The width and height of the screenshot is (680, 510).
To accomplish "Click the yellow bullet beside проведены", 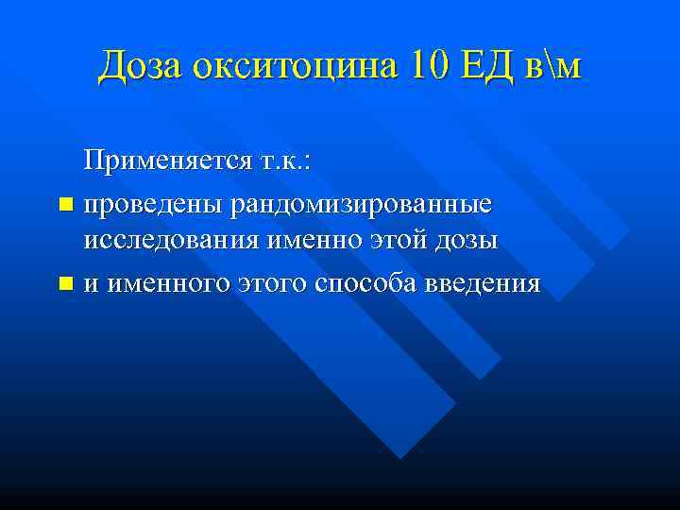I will [64, 204].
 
